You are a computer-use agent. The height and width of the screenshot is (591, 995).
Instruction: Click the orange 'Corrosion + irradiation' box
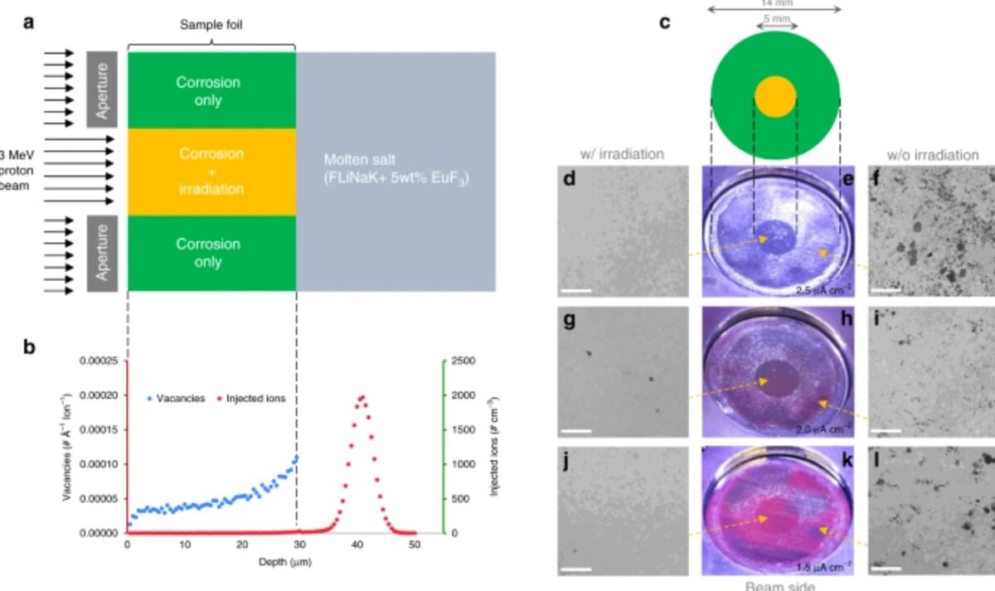[211, 172]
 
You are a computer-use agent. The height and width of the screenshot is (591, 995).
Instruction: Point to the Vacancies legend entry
[177, 399]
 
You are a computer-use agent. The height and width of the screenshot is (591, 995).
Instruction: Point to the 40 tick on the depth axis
[357, 545]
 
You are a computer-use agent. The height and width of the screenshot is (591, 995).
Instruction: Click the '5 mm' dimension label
[775, 17]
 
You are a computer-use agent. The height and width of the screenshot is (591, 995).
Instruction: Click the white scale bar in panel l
[886, 569]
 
